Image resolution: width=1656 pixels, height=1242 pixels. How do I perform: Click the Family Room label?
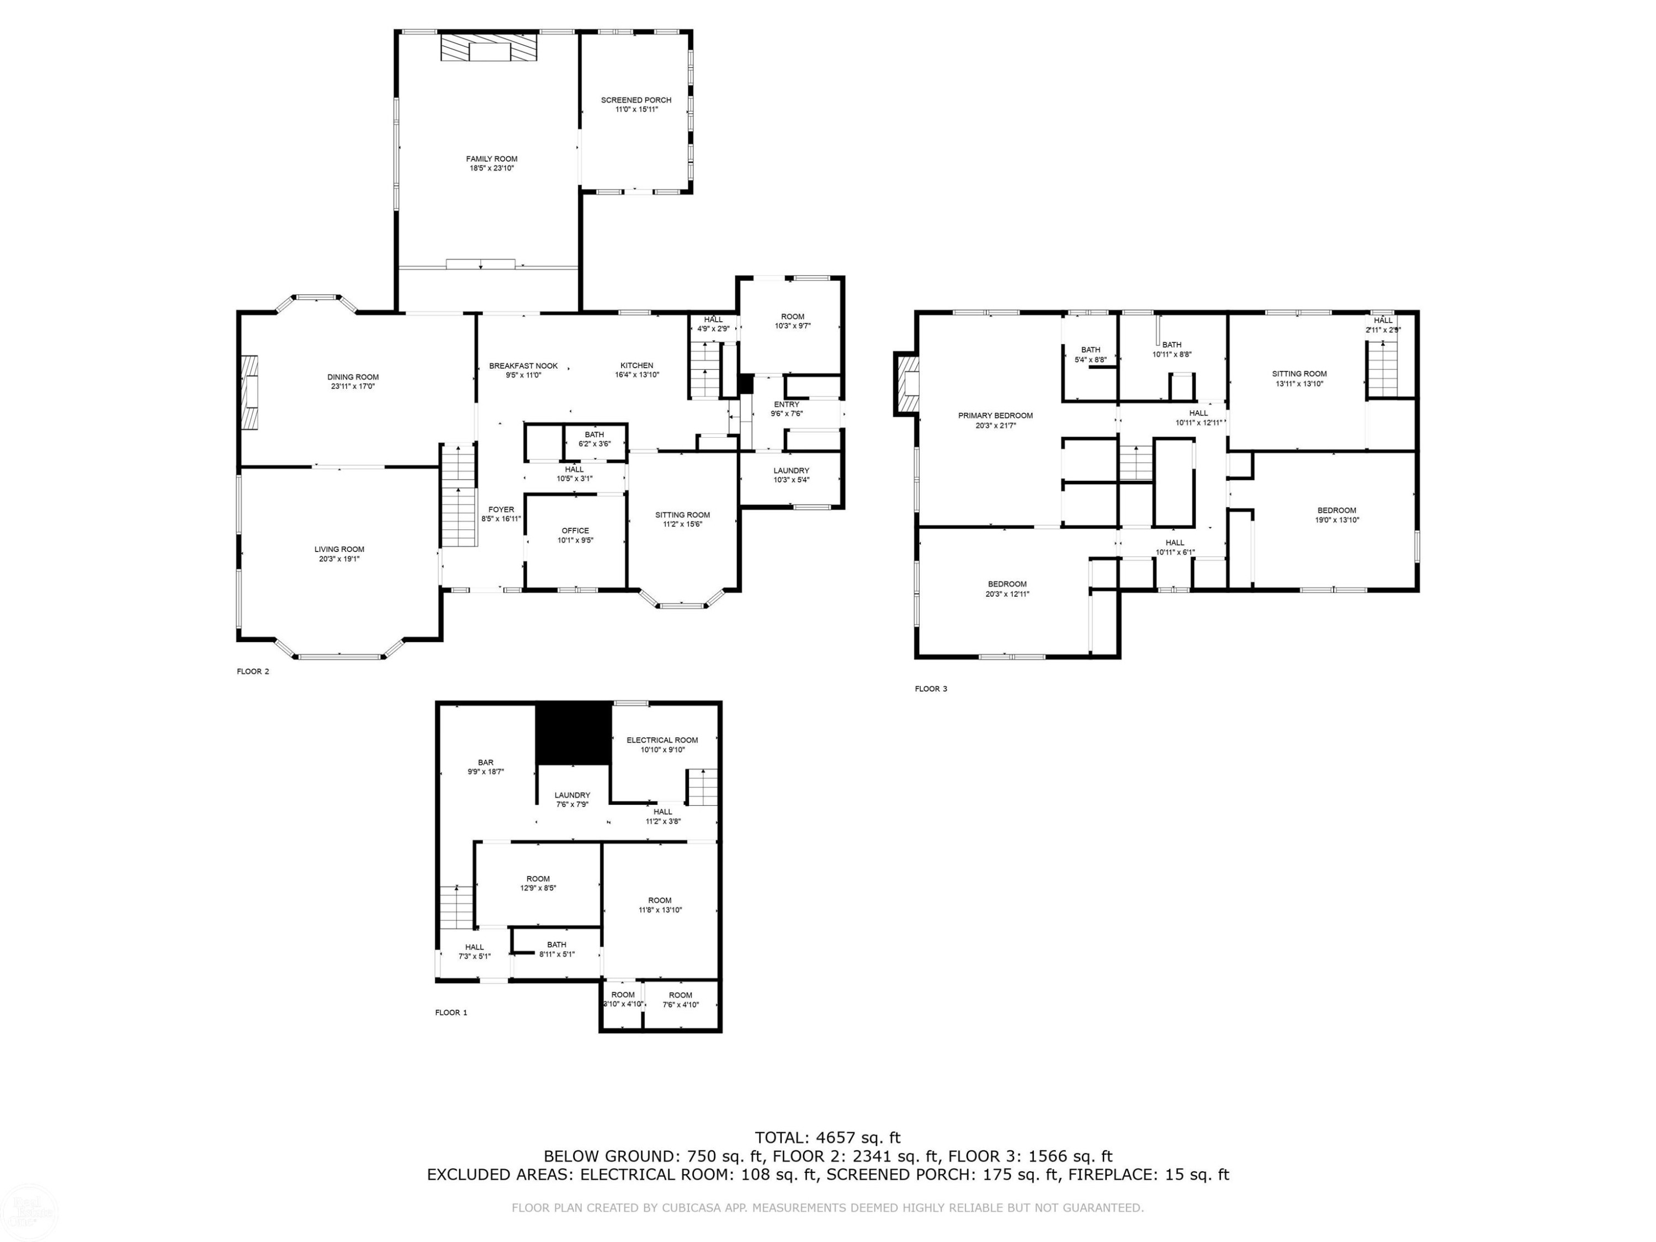tap(492, 159)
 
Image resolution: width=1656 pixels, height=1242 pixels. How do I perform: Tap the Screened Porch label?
tap(636, 99)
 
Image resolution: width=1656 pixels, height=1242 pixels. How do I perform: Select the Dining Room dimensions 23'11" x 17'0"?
tap(353, 386)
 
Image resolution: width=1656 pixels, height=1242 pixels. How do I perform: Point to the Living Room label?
tap(339, 549)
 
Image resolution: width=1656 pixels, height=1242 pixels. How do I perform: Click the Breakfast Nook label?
tap(523, 365)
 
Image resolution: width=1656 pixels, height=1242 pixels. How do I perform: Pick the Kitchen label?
tap(636, 365)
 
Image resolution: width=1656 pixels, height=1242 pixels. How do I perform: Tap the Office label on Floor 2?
tap(575, 530)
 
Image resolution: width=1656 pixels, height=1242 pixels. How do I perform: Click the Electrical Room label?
tap(662, 740)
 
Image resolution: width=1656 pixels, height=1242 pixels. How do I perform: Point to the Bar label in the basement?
tap(486, 762)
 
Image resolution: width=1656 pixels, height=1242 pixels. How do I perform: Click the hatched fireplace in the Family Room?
tap(489, 48)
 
